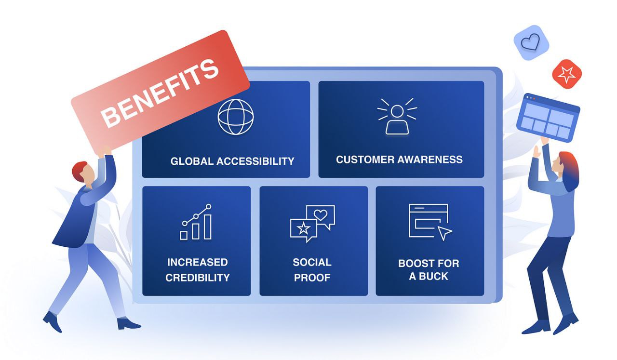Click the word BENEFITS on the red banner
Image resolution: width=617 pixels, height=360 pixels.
tap(160, 93)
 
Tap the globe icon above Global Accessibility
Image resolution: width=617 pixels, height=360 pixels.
tap(236, 117)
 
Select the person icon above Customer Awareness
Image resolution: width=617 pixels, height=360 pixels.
tap(397, 117)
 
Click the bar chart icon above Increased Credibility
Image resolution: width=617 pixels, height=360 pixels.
tap(196, 222)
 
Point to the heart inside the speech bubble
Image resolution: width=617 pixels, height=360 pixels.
tap(321, 214)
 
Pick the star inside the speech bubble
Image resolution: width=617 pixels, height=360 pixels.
tap(303, 228)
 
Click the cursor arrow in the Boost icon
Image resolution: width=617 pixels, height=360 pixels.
tap(444, 233)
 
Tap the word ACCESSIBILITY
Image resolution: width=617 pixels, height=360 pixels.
tap(255, 161)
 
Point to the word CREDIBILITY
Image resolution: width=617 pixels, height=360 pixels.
tap(198, 278)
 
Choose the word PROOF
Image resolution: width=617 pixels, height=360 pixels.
tap(312, 278)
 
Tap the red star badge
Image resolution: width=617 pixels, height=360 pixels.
tap(567, 74)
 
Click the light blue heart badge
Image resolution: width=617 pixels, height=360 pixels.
tap(531, 43)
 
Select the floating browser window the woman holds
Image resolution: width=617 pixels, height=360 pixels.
tap(548, 118)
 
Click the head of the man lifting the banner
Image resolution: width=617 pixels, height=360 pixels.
tap(83, 173)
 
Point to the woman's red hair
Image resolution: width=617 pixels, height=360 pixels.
tap(569, 171)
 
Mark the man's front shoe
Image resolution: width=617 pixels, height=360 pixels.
tap(128, 324)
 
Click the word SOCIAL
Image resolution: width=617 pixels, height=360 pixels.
tap(312, 262)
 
